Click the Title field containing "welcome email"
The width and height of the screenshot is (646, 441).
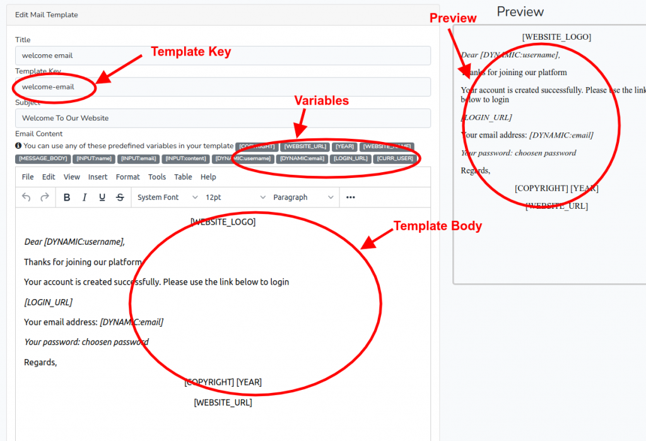[223, 56]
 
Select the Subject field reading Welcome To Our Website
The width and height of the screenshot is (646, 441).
[223, 118]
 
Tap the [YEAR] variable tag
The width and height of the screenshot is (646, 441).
[345, 146]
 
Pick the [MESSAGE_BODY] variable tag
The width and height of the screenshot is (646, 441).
[43, 158]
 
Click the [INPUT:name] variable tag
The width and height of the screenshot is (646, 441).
[94, 158]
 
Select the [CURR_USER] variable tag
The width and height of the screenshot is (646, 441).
[395, 158]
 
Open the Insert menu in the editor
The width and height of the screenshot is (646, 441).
[98, 177]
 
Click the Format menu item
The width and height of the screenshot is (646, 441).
[128, 177]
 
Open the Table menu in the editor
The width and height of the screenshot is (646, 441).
[183, 177]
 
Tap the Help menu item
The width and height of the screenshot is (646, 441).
[208, 177]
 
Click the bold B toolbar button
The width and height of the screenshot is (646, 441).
[67, 197]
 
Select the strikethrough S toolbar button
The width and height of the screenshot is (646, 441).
[120, 197]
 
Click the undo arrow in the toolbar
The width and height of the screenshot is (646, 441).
[26, 197]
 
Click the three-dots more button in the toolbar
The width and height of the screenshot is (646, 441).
[351, 197]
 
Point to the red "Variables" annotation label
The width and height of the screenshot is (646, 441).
[322, 101]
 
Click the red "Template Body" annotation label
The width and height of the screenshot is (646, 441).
[437, 226]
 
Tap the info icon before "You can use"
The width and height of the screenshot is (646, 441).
[18, 146]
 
